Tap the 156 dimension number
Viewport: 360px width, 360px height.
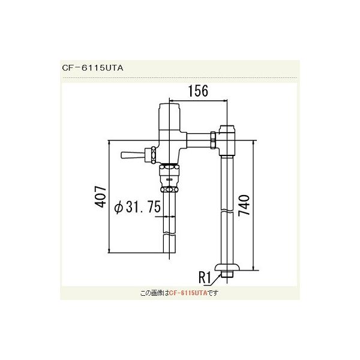pyautogui.click(x=197, y=92)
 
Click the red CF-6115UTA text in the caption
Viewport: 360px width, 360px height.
pyautogui.click(x=187, y=293)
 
